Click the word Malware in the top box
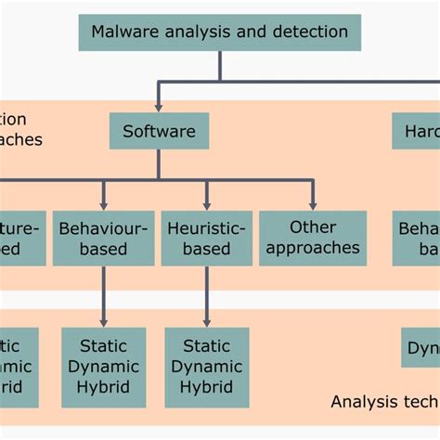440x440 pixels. [x=123, y=32]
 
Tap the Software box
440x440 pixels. [x=159, y=131]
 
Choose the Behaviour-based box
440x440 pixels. [x=103, y=237]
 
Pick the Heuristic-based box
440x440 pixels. [x=206, y=237]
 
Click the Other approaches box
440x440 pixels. [x=312, y=237]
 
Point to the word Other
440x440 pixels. [x=313, y=226]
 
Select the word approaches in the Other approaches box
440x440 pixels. [x=312, y=248]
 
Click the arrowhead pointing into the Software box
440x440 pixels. [x=159, y=106]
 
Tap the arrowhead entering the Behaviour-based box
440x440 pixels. [x=103, y=203]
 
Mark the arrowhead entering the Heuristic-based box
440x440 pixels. [x=206, y=203]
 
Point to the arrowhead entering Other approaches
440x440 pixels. [x=312, y=203]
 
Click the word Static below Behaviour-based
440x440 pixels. [x=103, y=347]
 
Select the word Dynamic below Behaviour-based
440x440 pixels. [x=103, y=367]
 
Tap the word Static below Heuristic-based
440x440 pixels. [x=206, y=347]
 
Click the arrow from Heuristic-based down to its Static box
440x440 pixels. [x=206, y=297]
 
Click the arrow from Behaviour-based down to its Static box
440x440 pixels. [x=103, y=297]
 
